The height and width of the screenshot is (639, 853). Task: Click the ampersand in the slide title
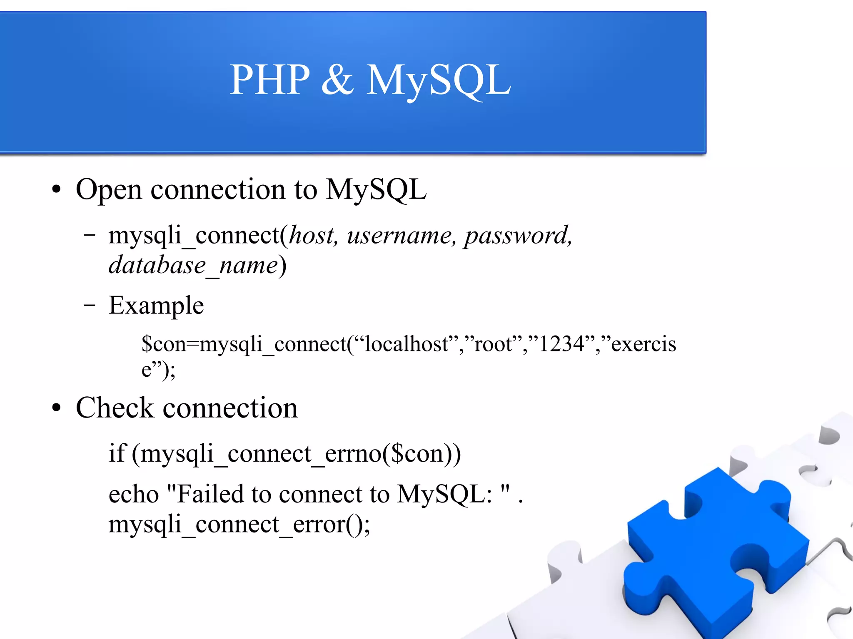coord(337,80)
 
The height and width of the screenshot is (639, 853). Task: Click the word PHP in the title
coord(270,80)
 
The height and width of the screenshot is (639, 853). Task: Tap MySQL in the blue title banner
coord(438,80)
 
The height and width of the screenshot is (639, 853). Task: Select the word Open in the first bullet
coord(109,190)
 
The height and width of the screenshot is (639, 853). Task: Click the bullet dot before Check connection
coord(56,408)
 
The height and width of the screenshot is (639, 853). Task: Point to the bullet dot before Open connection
coord(56,190)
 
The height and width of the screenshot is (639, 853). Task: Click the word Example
coord(156,306)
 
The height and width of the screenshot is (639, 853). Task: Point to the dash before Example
coord(89,306)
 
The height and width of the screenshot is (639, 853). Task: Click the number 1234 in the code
coord(561,344)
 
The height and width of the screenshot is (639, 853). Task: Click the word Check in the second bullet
coord(115,408)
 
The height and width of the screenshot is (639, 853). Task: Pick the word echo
coord(134,495)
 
